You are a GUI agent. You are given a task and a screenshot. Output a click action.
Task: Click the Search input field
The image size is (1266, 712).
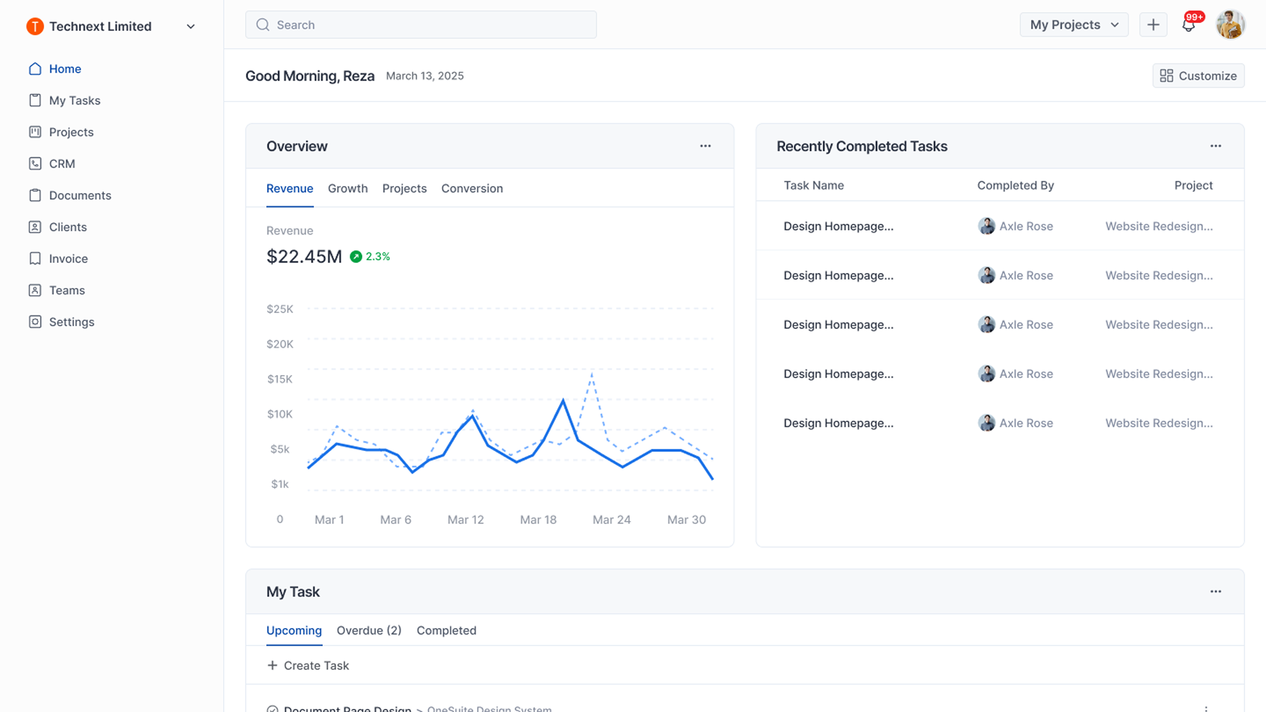(421, 25)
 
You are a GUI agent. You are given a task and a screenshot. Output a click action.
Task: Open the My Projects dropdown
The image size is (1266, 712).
(1073, 25)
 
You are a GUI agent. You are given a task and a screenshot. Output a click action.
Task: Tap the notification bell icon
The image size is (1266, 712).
(1188, 25)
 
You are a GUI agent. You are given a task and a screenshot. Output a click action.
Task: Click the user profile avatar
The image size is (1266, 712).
(1230, 25)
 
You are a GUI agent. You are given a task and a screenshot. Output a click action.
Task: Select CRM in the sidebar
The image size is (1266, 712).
(62, 163)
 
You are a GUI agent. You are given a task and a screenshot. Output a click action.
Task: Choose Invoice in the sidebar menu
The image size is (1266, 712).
(68, 258)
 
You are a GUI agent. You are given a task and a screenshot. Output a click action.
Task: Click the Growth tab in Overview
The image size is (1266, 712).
(347, 189)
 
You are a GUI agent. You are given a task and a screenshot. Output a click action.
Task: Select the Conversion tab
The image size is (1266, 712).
(472, 189)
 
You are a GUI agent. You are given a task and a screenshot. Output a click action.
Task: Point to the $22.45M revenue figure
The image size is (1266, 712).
(304, 256)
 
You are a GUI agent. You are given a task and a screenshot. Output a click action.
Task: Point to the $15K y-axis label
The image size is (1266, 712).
(280, 379)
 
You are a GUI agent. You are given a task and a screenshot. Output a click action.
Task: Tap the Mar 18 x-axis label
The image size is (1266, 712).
(538, 519)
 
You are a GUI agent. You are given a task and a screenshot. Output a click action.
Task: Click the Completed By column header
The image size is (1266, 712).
(1015, 185)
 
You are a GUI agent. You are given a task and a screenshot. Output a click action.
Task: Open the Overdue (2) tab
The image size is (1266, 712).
(369, 631)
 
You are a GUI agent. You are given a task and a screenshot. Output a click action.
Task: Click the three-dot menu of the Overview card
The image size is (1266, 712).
(705, 146)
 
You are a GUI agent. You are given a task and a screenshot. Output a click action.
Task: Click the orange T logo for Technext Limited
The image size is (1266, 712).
(35, 26)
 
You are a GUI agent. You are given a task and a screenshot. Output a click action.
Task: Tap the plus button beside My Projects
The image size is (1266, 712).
(1153, 25)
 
